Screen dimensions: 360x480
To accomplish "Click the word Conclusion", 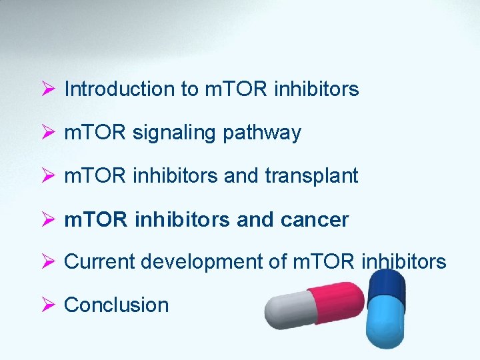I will pyautogui.click(x=116, y=305).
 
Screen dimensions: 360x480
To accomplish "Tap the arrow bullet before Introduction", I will pyautogui.click(x=47, y=89).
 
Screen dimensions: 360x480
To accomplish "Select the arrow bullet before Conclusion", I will pyautogui.click(x=47, y=305).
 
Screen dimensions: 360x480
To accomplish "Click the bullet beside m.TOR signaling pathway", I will pyautogui.click(x=47, y=133).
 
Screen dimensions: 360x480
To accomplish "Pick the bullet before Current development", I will pyautogui.click(x=47, y=262).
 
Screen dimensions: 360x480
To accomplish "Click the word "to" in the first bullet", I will pyautogui.click(x=189, y=89).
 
